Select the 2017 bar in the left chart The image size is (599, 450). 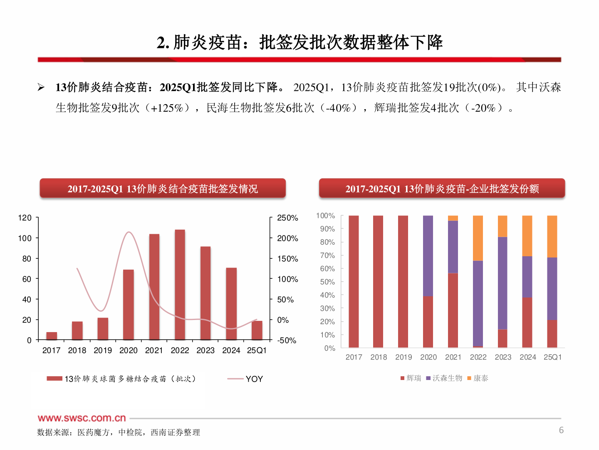52,336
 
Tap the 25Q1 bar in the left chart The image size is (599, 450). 257,330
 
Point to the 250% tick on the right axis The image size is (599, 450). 287,218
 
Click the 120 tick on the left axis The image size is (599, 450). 25,218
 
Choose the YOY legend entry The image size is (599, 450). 254,379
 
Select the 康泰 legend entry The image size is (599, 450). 480,378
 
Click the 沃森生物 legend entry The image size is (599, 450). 447,378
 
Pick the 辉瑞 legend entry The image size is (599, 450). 413,378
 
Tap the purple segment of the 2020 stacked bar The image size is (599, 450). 428,256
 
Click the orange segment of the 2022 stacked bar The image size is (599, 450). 478,238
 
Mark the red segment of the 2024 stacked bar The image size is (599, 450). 527,322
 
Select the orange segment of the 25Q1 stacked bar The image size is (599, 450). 552,236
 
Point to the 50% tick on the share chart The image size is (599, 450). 327,282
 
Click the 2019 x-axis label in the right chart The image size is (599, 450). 403,357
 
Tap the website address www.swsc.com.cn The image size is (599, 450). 82,418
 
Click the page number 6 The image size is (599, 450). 561,430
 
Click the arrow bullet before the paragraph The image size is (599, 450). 41,87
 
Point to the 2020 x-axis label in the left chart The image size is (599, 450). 128,350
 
